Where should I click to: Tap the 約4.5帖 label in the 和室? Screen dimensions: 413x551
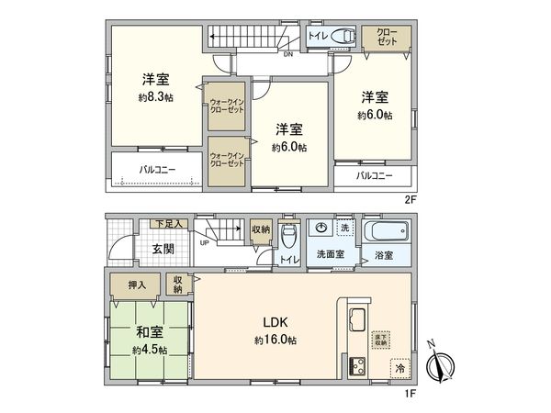pos(148,350)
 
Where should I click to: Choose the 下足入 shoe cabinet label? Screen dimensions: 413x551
pos(168,223)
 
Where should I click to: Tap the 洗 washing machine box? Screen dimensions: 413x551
pos(343,228)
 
